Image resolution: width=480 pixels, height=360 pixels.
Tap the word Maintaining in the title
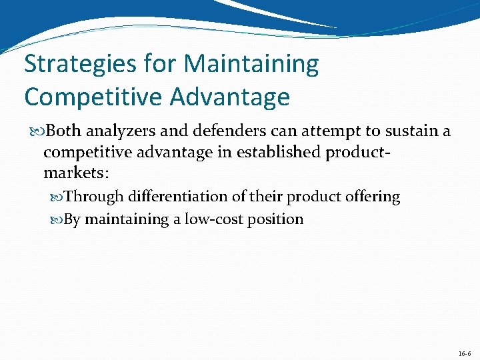point(251,65)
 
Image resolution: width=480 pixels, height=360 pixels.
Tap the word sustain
point(403,131)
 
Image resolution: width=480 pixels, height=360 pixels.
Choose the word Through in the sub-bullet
point(94,197)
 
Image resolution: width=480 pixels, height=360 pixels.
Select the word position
point(275,219)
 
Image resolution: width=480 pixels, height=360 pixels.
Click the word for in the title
point(161,65)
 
